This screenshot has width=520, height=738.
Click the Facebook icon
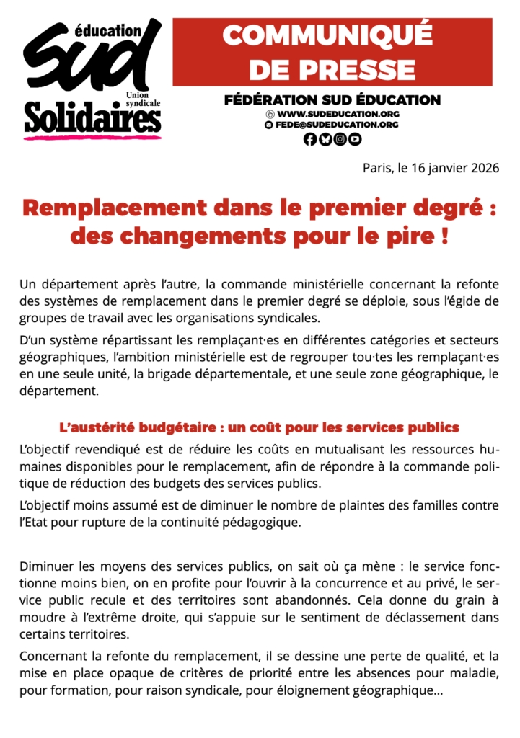[310, 140]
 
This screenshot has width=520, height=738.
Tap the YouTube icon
[355, 140]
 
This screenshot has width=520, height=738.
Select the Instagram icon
[340, 140]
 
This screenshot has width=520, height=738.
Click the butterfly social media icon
[325, 140]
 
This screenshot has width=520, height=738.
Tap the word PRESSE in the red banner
[332, 70]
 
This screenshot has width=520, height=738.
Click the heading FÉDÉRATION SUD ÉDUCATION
[332, 100]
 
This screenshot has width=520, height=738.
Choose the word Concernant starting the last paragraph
[54, 657]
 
